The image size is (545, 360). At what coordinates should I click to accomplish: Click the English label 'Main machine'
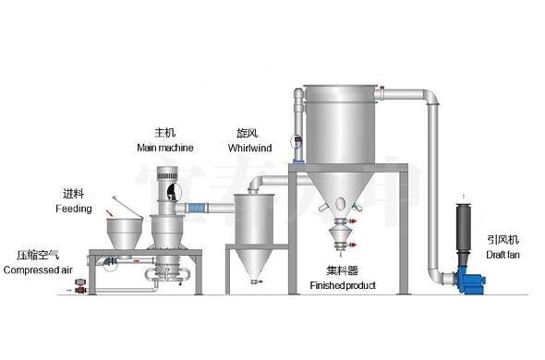pyautogui.click(x=165, y=148)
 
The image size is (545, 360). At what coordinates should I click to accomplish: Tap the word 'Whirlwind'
pyautogui.click(x=250, y=148)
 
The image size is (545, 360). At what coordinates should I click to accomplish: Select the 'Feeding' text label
pyautogui.click(x=74, y=209)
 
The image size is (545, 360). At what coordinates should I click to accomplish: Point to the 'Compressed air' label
pyautogui.click(x=38, y=270)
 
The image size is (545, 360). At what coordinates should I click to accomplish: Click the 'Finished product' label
pyautogui.click(x=343, y=285)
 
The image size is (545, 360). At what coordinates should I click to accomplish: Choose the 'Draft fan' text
pyautogui.click(x=503, y=255)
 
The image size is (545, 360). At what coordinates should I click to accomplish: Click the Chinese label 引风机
pyautogui.click(x=503, y=239)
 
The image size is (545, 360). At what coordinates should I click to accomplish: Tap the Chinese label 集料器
pyautogui.click(x=343, y=270)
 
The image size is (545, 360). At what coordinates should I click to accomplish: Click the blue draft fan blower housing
pyautogui.click(x=471, y=279)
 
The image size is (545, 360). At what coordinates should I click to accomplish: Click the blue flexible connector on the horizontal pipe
pyautogui.click(x=197, y=209)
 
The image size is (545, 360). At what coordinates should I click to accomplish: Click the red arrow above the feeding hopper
pyautogui.click(x=110, y=212)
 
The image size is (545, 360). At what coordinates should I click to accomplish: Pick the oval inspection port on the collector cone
pyautogui.click(x=341, y=202)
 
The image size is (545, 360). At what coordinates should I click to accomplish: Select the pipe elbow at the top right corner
pyautogui.click(x=431, y=97)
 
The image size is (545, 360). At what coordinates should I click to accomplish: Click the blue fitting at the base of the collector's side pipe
pyautogui.click(x=298, y=161)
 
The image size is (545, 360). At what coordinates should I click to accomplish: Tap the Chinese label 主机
pyautogui.click(x=165, y=132)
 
